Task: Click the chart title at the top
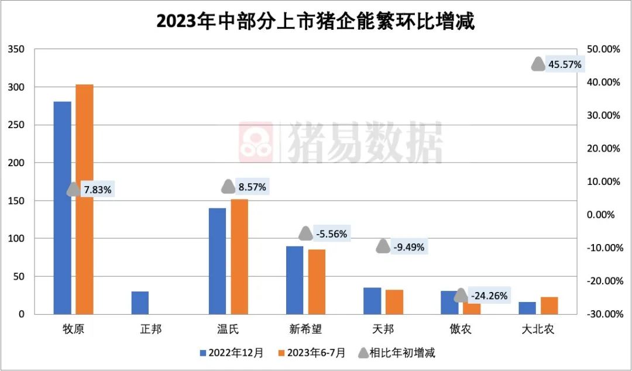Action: point(315,22)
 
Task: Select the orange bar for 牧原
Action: point(84,199)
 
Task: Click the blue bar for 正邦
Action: point(140,303)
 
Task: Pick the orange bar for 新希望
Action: point(317,281)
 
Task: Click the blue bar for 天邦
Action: point(372,301)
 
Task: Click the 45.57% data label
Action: point(565,64)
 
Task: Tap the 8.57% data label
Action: point(252,187)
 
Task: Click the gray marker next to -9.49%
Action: point(383,246)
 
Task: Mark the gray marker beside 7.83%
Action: point(73,189)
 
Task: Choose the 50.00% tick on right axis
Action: point(603,49)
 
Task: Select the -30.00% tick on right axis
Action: point(602,314)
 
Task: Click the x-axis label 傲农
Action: point(461,329)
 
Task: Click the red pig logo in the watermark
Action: point(256,140)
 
